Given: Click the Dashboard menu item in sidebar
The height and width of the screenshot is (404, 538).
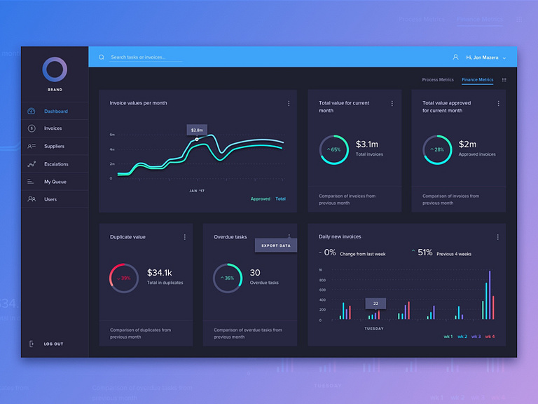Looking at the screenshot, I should tap(55, 112).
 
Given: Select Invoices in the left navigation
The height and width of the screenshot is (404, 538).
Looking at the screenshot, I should tap(53, 129).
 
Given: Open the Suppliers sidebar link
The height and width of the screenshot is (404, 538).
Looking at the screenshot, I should tap(54, 147).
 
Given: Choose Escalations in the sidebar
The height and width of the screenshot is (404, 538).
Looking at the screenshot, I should tap(56, 164).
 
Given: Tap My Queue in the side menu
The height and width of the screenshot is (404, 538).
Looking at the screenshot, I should tap(54, 182).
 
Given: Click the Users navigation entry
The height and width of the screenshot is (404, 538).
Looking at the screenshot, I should tap(50, 199).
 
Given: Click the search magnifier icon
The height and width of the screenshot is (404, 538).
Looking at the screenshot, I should tap(102, 58).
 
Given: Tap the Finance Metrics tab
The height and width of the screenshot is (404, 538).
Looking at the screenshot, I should tap(477, 80).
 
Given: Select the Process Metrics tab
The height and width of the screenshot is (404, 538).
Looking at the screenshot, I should tap(438, 80).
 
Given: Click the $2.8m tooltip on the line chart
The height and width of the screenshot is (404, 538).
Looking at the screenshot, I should tap(197, 130).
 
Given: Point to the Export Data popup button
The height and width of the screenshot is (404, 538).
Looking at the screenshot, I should tap(276, 245).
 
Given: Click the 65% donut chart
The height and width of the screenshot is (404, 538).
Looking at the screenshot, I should tap(334, 149).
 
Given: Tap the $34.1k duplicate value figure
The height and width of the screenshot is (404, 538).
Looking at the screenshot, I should tap(160, 272).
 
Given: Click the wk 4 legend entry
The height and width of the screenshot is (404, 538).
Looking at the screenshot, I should tap(490, 337).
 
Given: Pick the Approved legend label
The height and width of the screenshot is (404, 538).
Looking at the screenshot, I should tap(261, 199).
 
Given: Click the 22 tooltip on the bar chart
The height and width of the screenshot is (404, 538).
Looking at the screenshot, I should tap(375, 303).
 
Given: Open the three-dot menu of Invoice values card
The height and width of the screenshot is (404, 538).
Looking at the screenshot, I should tap(289, 104).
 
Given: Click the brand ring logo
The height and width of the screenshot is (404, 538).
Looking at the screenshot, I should tap(55, 70).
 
